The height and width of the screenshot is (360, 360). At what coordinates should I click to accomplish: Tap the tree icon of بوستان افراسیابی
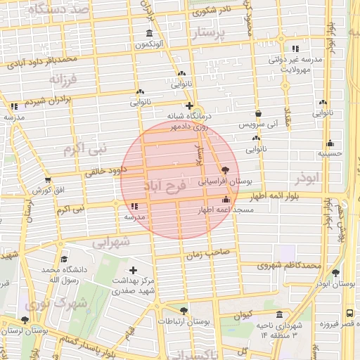pos(224,170)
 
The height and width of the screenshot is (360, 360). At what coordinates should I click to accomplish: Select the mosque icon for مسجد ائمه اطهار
pos(224,199)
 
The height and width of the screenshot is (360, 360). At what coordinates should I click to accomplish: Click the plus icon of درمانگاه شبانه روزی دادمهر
pos(189,106)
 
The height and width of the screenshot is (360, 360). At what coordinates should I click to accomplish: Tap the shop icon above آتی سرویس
pos(258,112)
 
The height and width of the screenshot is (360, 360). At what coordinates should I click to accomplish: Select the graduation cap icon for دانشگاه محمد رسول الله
pos(64,259)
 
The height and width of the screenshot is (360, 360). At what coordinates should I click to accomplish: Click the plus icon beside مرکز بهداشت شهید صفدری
pos(133,270)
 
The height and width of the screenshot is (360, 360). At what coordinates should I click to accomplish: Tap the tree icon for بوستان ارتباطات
pos(184,310)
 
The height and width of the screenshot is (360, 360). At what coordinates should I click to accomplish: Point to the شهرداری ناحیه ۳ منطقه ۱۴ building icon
pos(280,314)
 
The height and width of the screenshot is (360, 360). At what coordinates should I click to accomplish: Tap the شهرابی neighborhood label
pos(111,242)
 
